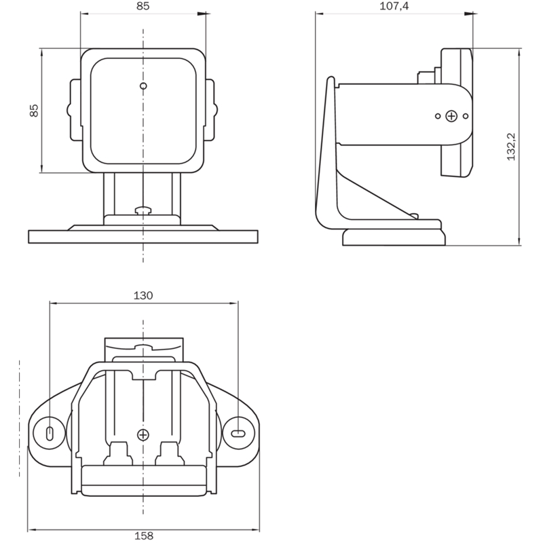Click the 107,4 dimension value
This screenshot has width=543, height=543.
(x=394, y=6)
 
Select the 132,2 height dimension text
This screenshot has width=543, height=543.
(x=511, y=147)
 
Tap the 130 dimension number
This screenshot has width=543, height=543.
(x=143, y=295)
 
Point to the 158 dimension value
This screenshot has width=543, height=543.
(x=144, y=536)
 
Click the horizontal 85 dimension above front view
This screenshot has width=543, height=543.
(x=143, y=6)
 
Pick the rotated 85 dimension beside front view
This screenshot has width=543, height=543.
(x=34, y=111)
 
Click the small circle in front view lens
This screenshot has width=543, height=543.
(x=143, y=86)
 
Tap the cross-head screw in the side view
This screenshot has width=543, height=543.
(x=451, y=116)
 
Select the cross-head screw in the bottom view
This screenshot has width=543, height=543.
(x=143, y=434)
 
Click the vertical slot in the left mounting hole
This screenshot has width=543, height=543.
(x=50, y=433)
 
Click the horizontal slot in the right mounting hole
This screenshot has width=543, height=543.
(x=238, y=433)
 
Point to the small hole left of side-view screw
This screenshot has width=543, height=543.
(x=438, y=116)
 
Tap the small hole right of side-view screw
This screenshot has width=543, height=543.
(x=466, y=116)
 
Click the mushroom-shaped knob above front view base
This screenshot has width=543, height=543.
(x=143, y=210)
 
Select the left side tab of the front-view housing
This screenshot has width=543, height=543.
(x=75, y=110)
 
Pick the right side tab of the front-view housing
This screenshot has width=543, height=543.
(x=212, y=110)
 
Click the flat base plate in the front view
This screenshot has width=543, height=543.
(x=143, y=237)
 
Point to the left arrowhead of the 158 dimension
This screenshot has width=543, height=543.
(x=33, y=530)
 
